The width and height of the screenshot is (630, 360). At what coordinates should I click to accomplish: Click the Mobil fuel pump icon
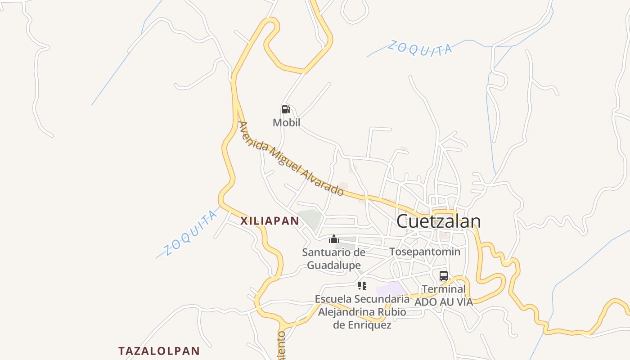pyautogui.click(x=286, y=109)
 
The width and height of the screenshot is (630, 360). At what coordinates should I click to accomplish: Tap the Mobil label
pyautogui.click(x=286, y=122)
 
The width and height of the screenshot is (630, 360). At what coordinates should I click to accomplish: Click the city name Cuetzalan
pyautogui.click(x=438, y=221)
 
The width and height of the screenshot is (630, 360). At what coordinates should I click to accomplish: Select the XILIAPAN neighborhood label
pyautogui.click(x=270, y=221)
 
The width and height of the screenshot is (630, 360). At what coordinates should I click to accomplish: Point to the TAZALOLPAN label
pyautogui.click(x=159, y=351)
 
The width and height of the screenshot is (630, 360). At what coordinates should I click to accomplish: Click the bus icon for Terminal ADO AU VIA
pyautogui.click(x=444, y=276)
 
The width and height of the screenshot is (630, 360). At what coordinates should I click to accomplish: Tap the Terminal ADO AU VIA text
pyautogui.click(x=444, y=296)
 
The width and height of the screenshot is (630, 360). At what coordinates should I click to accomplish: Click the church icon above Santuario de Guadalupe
pyautogui.click(x=333, y=239)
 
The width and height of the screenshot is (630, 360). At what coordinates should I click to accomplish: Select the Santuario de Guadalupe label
pyautogui.click(x=333, y=259)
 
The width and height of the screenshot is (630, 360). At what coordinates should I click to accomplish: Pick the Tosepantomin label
pyautogui.click(x=425, y=252)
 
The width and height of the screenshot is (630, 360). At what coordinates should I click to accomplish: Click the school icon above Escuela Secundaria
pyautogui.click(x=362, y=285)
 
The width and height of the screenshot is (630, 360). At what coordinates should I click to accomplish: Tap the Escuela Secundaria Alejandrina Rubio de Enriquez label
pyautogui.click(x=362, y=312)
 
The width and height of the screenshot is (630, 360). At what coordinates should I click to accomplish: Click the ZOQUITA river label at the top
pyautogui.click(x=420, y=48)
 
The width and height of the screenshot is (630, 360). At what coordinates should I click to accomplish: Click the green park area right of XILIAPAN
pyautogui.click(x=310, y=218)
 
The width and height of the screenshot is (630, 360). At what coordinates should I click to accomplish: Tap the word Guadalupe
pyautogui.click(x=334, y=265)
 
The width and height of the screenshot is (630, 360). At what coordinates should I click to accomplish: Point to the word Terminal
pyautogui.click(x=444, y=289)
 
